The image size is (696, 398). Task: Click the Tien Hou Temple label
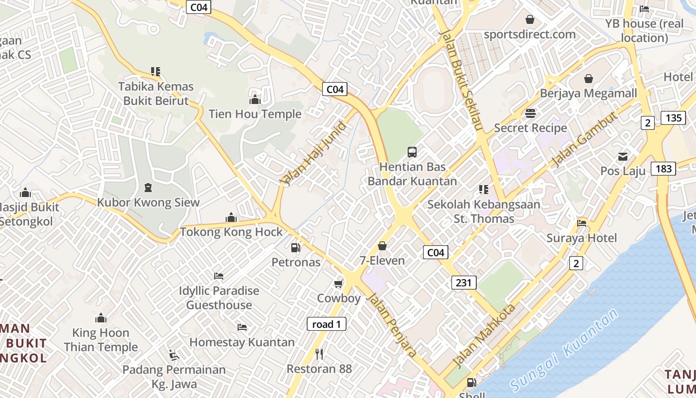coord(255,114)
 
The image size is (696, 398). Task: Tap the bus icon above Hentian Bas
coord(412,152)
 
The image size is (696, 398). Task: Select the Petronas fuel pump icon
coord(295,247)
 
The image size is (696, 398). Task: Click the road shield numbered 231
coord(464,283)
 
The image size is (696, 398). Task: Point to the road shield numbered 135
coord(673,118)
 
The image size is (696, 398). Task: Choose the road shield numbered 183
coord(664,169)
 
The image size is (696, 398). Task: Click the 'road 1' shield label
coord(326,324)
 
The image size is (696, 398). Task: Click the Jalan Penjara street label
coord(392,325)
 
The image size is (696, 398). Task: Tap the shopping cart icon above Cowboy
coord(339,284)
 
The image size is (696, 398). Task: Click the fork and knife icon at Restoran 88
coord(319,354)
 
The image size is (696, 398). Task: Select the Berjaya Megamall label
coord(588,94)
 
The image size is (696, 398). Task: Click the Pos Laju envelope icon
coord(622,157)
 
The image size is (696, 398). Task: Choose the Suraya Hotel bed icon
coord(582,223)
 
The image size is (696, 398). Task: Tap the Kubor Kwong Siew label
coord(148,202)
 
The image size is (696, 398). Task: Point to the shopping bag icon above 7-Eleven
coord(382,246)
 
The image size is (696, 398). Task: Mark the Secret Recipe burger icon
coord(530,113)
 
